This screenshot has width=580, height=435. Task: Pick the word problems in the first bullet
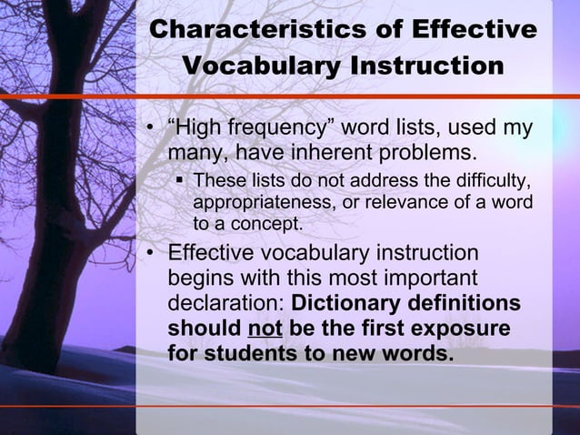tap(428, 148)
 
